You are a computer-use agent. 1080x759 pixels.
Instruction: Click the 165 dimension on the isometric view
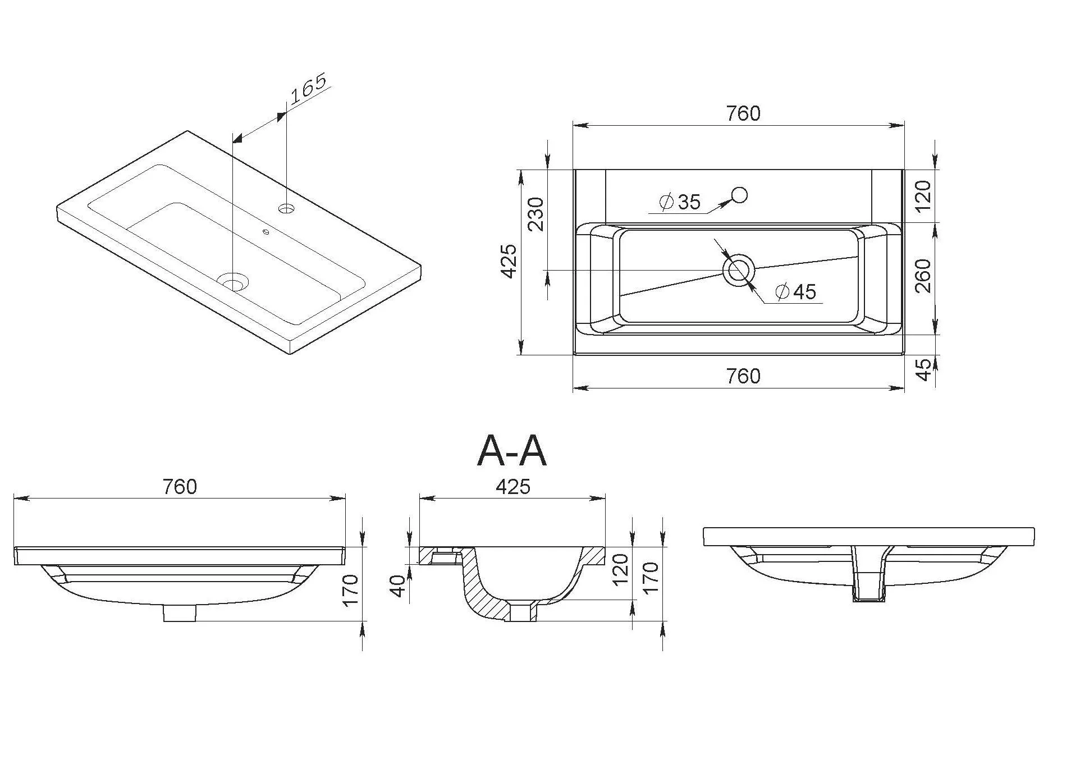tap(309, 89)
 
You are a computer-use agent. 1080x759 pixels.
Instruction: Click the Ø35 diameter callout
tap(680, 202)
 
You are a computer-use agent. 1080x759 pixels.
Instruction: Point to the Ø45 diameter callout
tap(795, 292)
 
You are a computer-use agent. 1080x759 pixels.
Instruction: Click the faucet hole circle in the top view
tap(739, 195)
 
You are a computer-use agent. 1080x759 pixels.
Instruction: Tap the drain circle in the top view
tap(738, 271)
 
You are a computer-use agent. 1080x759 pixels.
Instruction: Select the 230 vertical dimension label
tap(537, 214)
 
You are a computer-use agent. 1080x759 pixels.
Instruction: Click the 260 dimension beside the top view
tap(923, 275)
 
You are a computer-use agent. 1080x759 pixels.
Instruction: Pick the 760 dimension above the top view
tap(743, 113)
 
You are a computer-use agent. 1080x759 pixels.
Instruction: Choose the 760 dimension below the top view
tap(743, 376)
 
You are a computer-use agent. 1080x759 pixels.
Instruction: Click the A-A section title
tap(511, 451)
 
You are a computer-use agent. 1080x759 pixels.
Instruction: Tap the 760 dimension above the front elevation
tap(180, 487)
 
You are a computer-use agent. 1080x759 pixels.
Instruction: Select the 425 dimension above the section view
tap(513, 487)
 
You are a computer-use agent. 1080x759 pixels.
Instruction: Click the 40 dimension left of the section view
tap(397, 586)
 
